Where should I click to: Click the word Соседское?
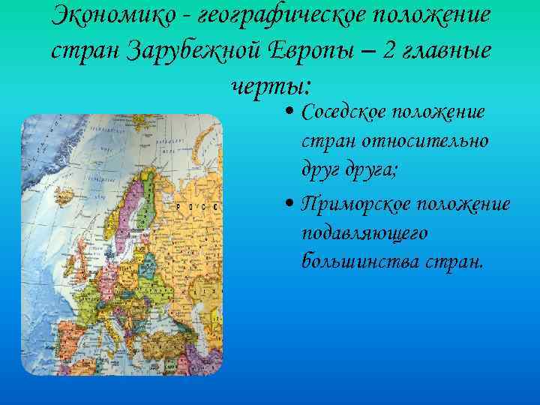point(344,112)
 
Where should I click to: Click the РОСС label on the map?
point(196,205)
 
